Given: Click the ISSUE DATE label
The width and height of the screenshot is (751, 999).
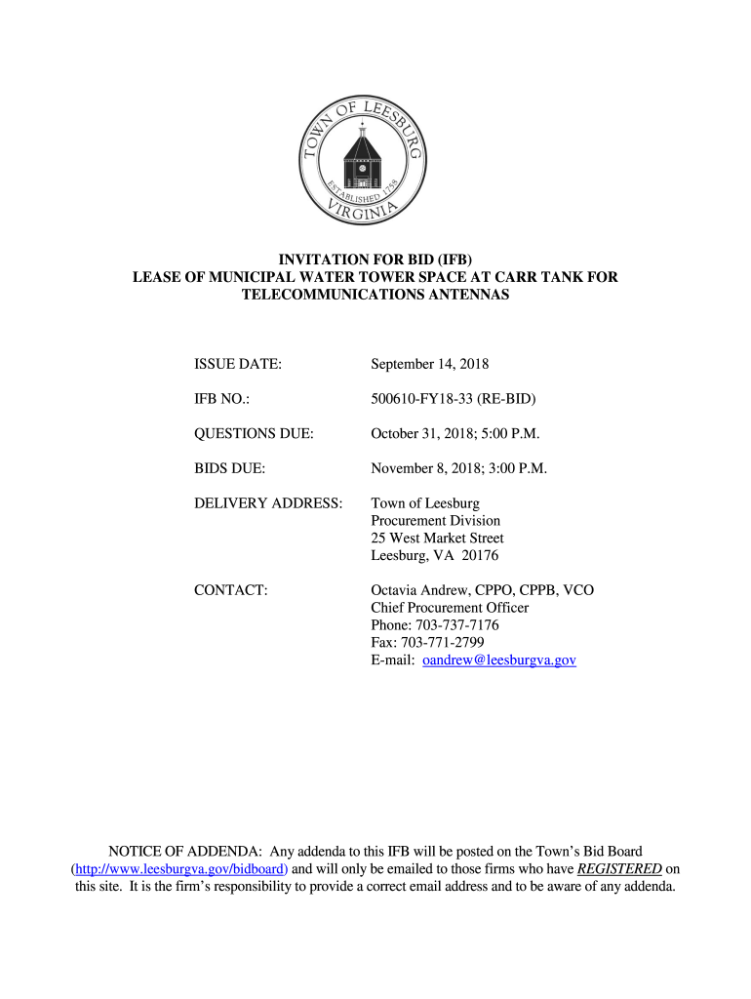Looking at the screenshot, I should pyautogui.click(x=238, y=364).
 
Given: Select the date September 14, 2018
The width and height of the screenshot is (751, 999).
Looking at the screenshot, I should pyautogui.click(x=429, y=364).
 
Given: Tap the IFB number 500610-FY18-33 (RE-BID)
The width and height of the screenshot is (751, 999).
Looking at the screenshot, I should pyautogui.click(x=454, y=399).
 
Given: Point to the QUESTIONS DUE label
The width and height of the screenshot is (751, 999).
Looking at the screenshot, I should pyautogui.click(x=254, y=433).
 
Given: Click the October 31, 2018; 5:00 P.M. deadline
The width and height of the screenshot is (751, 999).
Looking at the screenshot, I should pyautogui.click(x=455, y=433).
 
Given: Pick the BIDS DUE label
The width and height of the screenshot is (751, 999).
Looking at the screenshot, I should pyautogui.click(x=230, y=468).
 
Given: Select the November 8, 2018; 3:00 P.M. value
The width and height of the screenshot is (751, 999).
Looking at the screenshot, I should pyautogui.click(x=458, y=468).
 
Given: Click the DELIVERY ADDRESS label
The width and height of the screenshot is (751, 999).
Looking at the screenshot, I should pyautogui.click(x=268, y=503).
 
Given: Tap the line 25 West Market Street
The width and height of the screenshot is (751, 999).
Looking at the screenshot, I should pyautogui.click(x=437, y=539).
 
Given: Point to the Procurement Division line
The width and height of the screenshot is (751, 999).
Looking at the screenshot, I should pyautogui.click(x=435, y=521).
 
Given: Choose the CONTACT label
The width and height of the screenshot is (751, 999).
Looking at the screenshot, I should pyautogui.click(x=231, y=590).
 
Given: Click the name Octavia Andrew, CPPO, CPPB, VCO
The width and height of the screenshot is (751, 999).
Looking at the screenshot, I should pyautogui.click(x=482, y=590).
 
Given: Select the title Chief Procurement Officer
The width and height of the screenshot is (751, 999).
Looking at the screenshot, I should pyautogui.click(x=450, y=608).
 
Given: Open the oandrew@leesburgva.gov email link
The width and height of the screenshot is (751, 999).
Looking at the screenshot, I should pyautogui.click(x=499, y=660).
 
